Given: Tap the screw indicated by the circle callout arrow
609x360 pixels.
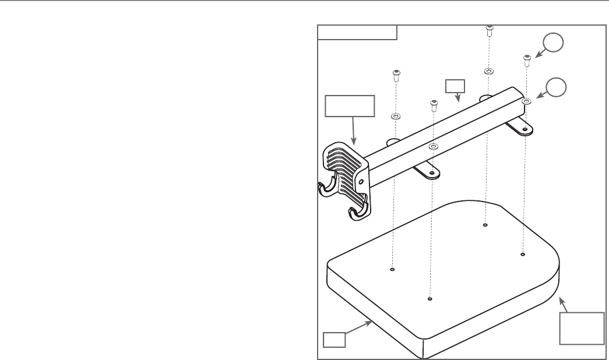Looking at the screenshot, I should point(527,58).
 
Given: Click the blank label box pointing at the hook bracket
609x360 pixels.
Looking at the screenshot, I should point(349,107).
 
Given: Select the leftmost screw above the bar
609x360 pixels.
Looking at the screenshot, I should point(396,75).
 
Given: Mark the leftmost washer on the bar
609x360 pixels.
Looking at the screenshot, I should point(395,116).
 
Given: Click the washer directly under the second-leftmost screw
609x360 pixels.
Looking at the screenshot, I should point(432,146).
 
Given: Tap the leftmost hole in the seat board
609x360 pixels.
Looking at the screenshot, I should point(392,269).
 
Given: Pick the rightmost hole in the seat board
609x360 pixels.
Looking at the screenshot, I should point(523,254).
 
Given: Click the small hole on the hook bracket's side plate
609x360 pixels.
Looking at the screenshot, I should point(361,182).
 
